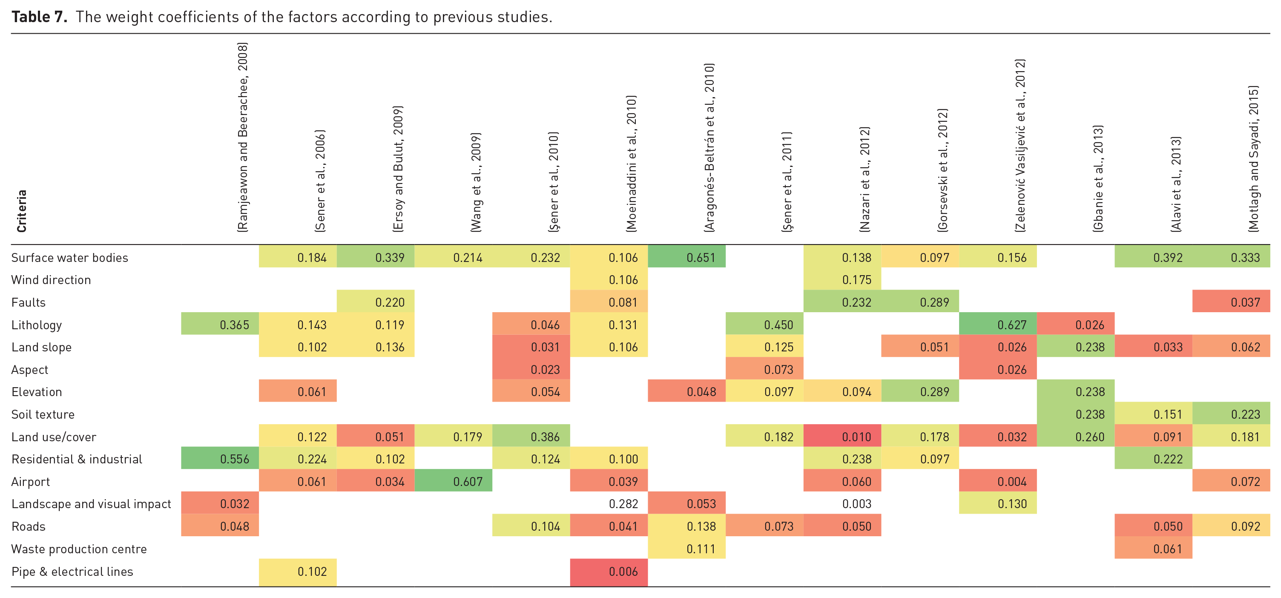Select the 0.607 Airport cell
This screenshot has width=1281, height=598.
pos(453,481)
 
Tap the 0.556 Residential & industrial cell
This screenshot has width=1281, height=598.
pos(220,458)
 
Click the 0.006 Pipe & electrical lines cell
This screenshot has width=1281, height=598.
pos(609,571)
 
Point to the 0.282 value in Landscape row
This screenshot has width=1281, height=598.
pos(623,504)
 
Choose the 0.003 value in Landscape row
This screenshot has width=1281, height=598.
pos(857,504)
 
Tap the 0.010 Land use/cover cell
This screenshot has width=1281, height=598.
pos(842,436)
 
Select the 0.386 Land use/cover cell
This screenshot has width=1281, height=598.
pos(531,436)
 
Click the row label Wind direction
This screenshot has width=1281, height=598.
pos(51,279)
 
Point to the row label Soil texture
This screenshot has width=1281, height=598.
pos(43,414)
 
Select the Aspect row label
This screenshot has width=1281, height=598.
pos(30,370)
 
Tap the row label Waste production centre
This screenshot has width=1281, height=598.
pos(79,549)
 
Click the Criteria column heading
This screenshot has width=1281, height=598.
pos(21,211)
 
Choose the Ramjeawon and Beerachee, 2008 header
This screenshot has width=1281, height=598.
pos(242,137)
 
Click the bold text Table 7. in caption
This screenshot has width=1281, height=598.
pos(39,17)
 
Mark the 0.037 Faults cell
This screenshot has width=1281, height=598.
pos(1231,302)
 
